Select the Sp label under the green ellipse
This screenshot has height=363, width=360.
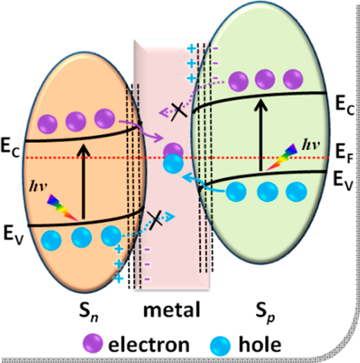coord(265,313)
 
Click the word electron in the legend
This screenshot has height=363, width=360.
coord(149,344)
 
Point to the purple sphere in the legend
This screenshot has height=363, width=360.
coord(93,344)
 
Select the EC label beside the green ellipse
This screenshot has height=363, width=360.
coord(345,105)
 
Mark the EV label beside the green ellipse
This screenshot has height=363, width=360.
coord(343,180)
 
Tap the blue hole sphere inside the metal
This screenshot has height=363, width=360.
coord(173,164)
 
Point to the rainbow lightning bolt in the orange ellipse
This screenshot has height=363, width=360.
coord(62,207)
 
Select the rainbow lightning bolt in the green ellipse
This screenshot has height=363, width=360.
coord(282,157)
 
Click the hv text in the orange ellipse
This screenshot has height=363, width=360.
coord(39,186)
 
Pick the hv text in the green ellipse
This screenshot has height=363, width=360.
coord(311,145)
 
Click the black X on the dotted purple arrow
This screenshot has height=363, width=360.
coord(179,112)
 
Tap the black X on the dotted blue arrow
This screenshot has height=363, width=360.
coord(156,220)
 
